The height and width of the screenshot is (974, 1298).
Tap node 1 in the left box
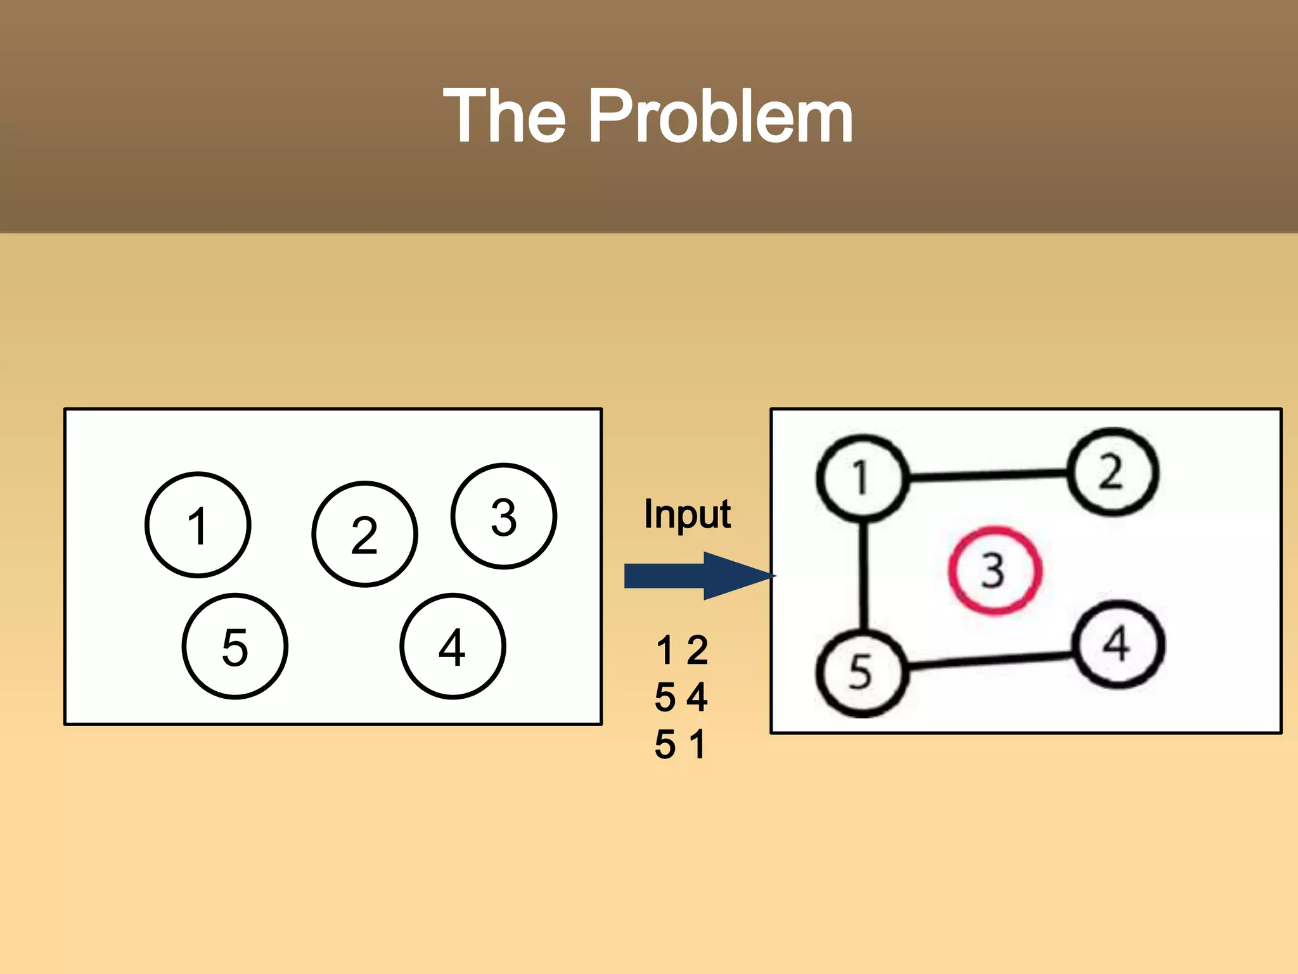[x=198, y=525]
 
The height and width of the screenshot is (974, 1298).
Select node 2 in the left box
[x=364, y=534]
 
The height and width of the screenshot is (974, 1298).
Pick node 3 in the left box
[x=504, y=516]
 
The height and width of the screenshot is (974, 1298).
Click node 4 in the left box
[x=453, y=646]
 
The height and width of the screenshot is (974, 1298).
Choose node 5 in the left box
[x=235, y=646]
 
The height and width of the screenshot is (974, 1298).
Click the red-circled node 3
[x=994, y=570]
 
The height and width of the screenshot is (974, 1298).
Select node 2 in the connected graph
[x=1112, y=472]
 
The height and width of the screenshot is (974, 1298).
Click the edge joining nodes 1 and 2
[x=987, y=474]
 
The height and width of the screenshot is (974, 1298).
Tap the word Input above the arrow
[x=687, y=514]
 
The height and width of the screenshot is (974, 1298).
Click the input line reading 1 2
[x=682, y=650]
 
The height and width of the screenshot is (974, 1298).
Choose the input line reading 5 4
[x=681, y=697]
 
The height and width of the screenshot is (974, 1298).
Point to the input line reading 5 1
[x=679, y=744]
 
